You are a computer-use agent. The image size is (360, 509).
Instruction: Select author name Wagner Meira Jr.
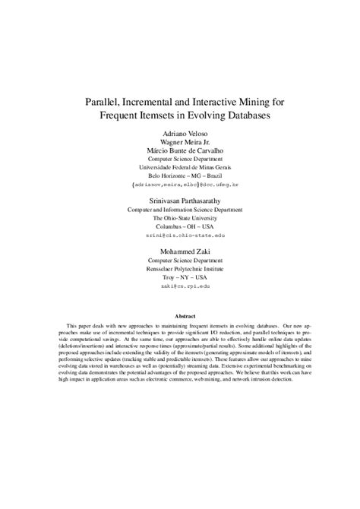coord(180,141)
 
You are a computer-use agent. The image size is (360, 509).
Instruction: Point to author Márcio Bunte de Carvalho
coord(180,150)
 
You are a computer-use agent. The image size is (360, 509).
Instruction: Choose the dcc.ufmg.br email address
coord(180,185)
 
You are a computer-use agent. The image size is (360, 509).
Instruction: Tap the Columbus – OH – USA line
coord(180,226)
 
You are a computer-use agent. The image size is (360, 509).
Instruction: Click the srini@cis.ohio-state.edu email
coord(180,235)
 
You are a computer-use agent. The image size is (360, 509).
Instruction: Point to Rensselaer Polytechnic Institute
coord(180,267)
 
